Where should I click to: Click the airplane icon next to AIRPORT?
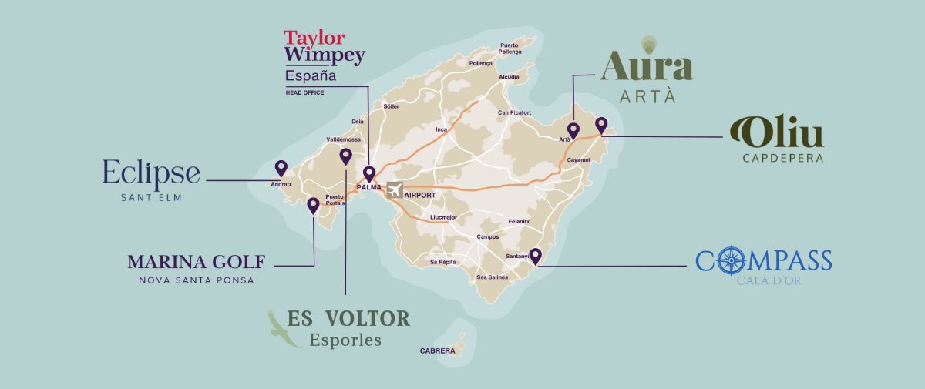tap(395, 189)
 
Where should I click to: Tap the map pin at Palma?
tap(369, 174)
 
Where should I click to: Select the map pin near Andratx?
tap(281, 168)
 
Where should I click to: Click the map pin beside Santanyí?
tap(535, 256)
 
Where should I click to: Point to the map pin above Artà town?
tap(573, 129)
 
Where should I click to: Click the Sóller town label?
tap(391, 106)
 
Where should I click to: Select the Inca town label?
tap(441, 129)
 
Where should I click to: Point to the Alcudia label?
tap(509, 77)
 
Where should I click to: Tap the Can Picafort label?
tap(514, 112)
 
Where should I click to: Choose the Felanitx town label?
tap(519, 221)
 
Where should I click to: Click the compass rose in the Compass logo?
tap(728, 260)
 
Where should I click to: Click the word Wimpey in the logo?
tap(324, 55)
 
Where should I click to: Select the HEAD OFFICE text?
tap(304, 92)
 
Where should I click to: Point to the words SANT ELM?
tap(150, 197)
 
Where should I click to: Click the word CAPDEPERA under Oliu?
tap(782, 159)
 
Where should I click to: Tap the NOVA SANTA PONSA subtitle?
tap(196, 280)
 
